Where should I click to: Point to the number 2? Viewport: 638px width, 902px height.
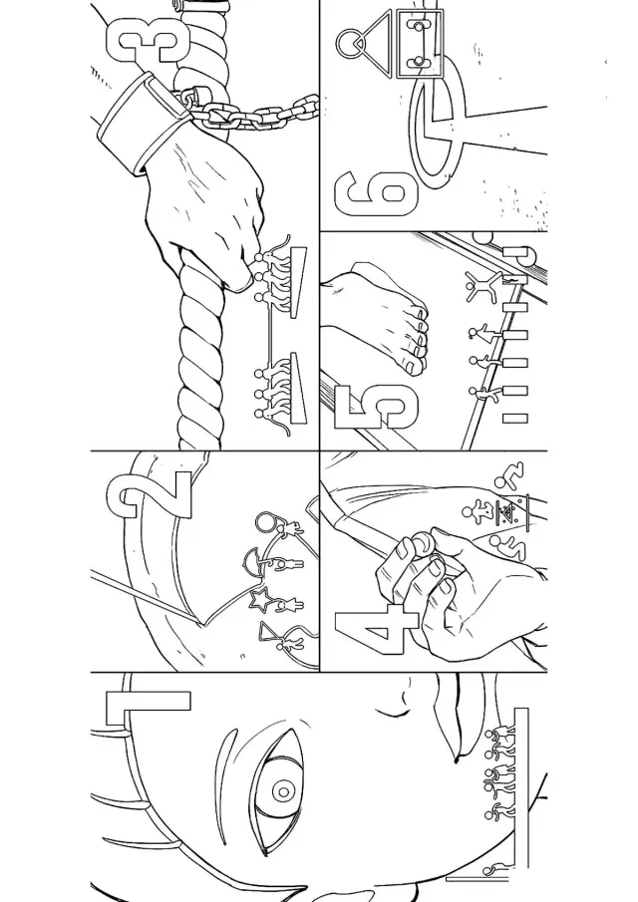[149, 494]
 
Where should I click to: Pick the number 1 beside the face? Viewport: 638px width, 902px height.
[148, 708]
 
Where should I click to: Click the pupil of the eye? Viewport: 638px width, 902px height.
[282, 791]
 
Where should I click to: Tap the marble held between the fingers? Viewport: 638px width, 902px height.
[423, 542]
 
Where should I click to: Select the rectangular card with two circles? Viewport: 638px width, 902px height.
[419, 44]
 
